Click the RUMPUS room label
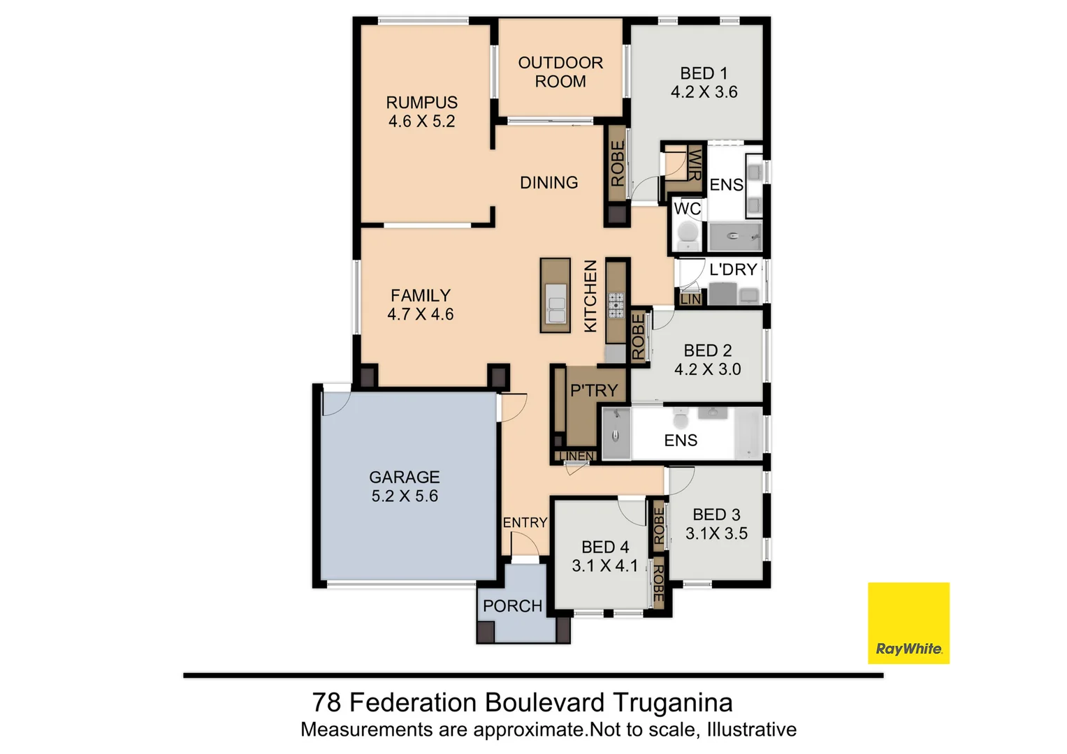coord(421,103)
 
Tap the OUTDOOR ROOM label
coord(560,72)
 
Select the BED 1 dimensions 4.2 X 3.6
coord(704,92)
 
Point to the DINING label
coord(549,183)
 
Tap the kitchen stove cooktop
coord(616,305)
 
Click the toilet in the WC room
coord(688,235)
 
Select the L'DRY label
coord(733,269)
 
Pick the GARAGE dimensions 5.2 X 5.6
coord(405,496)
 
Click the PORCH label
coord(512,606)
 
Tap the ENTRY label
coord(525,522)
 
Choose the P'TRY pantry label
coord(594,390)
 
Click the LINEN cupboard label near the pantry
coord(576,457)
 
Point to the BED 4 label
coord(605,547)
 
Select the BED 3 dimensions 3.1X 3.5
coord(716,533)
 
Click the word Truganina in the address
coord(673,702)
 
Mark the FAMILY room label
coord(420,295)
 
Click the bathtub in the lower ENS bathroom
coord(748,434)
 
